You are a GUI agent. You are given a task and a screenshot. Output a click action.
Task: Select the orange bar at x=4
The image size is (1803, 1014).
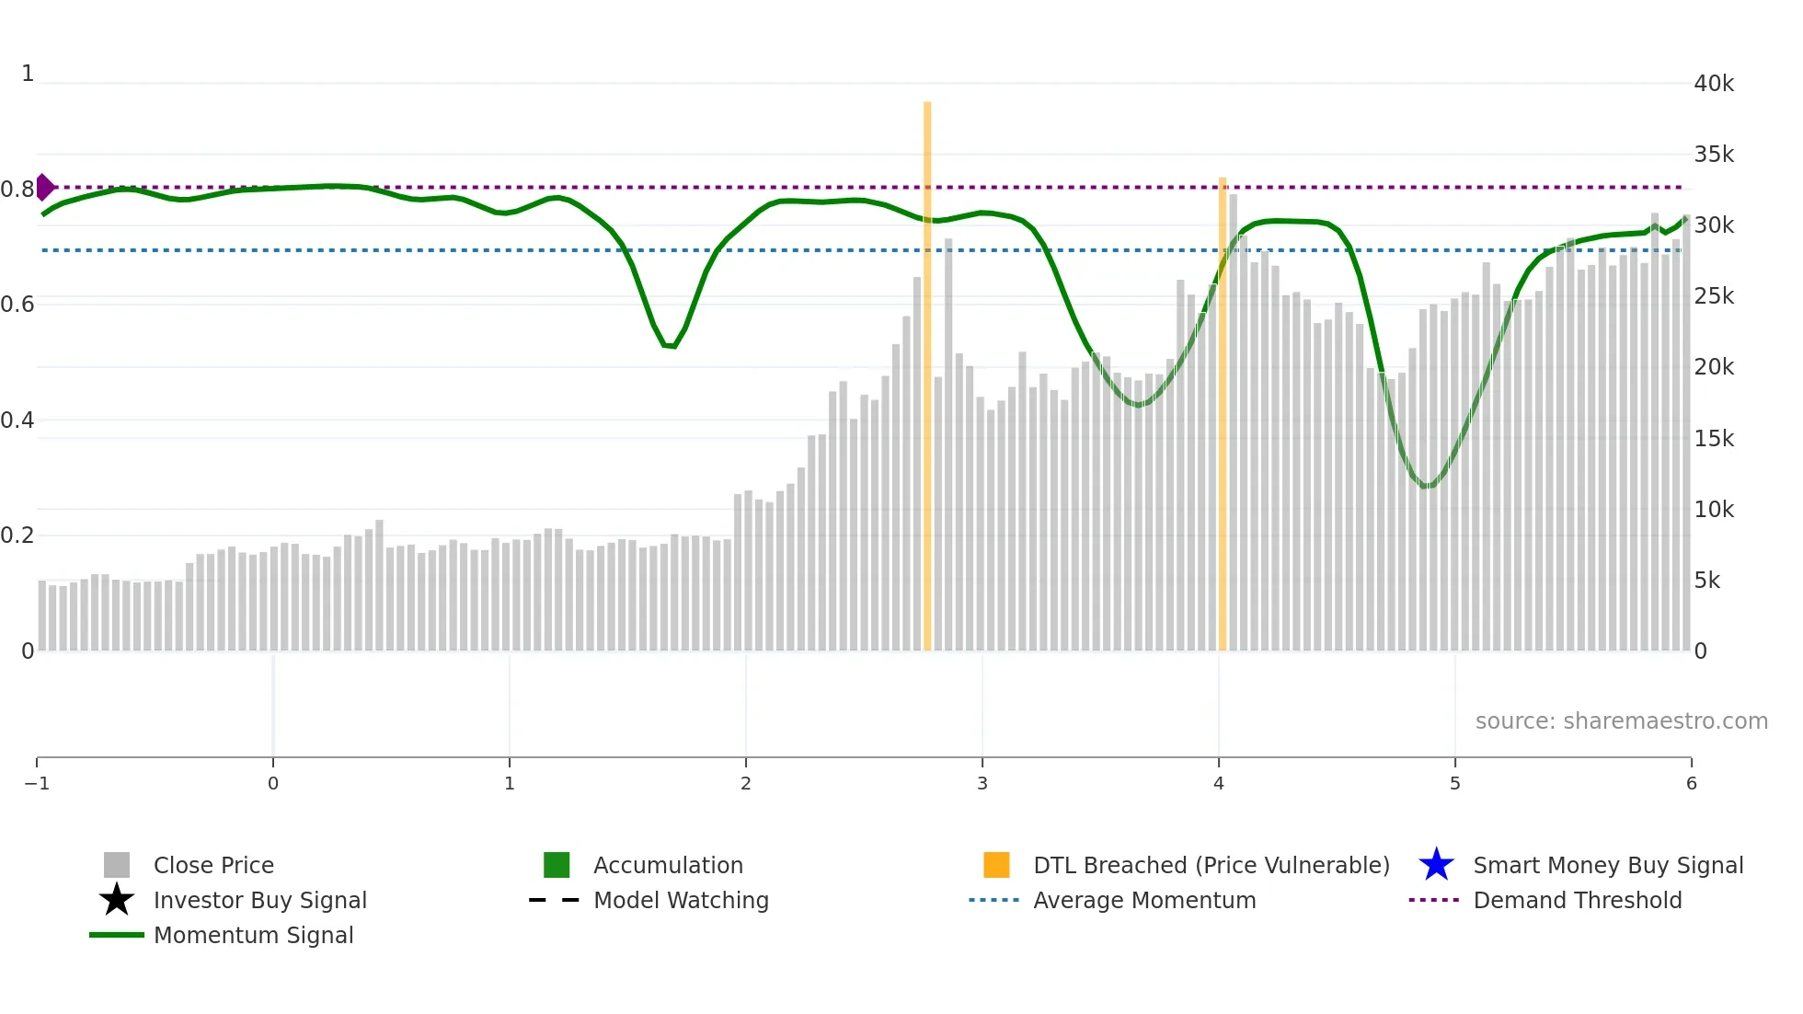(x=1223, y=414)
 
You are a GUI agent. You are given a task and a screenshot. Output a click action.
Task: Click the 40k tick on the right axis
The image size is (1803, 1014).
(x=1714, y=84)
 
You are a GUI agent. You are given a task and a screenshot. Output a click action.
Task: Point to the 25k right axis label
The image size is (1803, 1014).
(x=1714, y=296)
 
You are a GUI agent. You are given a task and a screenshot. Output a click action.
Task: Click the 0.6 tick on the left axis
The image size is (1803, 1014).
(x=17, y=305)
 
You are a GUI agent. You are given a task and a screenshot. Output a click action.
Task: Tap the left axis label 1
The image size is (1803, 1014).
(x=28, y=74)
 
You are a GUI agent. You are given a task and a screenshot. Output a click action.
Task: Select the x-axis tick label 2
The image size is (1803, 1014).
(x=746, y=783)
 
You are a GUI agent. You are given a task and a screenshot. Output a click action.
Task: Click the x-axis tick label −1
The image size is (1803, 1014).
(x=37, y=783)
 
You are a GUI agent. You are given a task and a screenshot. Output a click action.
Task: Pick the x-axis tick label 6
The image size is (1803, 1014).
(x=1691, y=783)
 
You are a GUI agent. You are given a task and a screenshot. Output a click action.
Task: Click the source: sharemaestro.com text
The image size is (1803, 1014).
(x=1621, y=720)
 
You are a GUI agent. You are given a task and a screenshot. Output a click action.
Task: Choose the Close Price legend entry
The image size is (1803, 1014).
(x=213, y=865)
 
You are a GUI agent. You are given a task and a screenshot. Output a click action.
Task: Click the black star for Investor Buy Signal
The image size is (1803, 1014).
(x=117, y=900)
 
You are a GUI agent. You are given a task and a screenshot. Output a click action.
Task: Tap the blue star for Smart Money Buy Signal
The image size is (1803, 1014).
(x=1436, y=865)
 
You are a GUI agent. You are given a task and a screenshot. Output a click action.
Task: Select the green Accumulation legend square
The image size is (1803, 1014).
(x=557, y=865)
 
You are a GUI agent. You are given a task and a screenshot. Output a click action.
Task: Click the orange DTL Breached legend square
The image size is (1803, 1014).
(x=996, y=865)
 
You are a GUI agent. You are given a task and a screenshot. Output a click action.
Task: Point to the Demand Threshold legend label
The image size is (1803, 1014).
(x=1577, y=900)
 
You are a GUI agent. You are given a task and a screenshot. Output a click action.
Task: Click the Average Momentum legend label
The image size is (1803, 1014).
(x=1143, y=900)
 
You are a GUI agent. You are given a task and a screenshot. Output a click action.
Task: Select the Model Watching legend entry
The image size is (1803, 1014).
(x=681, y=900)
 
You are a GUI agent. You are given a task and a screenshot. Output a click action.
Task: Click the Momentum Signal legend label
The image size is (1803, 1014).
(x=253, y=935)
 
